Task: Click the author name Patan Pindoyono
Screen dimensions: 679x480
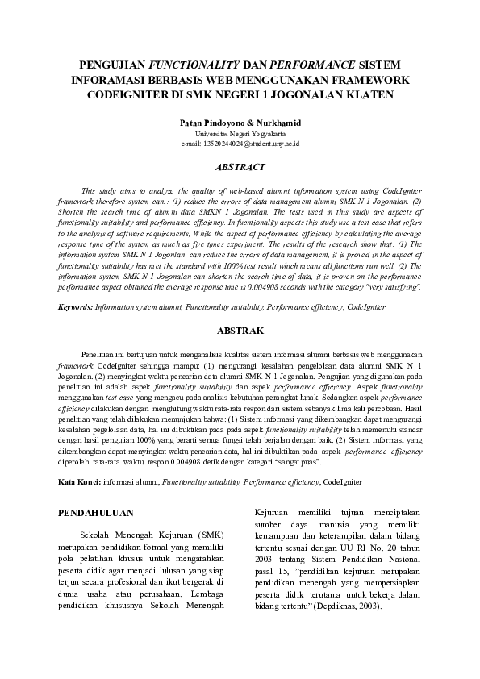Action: coord(214,123)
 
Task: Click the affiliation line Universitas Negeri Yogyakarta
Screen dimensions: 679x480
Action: coord(240,133)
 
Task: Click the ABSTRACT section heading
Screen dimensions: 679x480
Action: coord(240,168)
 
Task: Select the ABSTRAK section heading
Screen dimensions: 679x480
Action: coord(240,331)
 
